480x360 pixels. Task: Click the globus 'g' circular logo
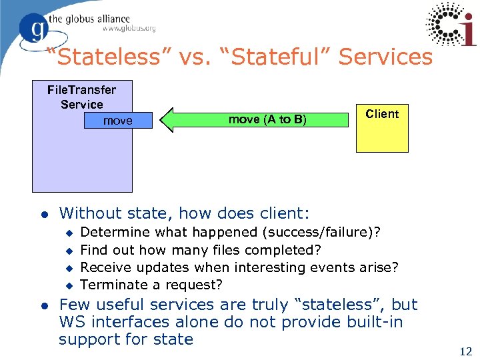[34, 28]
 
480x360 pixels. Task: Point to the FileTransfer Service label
[81, 97]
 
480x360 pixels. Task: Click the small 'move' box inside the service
[118, 121]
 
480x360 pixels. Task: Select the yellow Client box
[381, 129]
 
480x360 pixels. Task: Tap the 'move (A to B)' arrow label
[267, 119]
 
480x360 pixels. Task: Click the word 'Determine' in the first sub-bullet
[115, 232]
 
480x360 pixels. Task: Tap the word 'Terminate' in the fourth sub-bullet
[113, 285]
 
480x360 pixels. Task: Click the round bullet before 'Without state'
[43, 215]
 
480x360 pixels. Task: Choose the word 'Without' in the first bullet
[85, 213]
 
